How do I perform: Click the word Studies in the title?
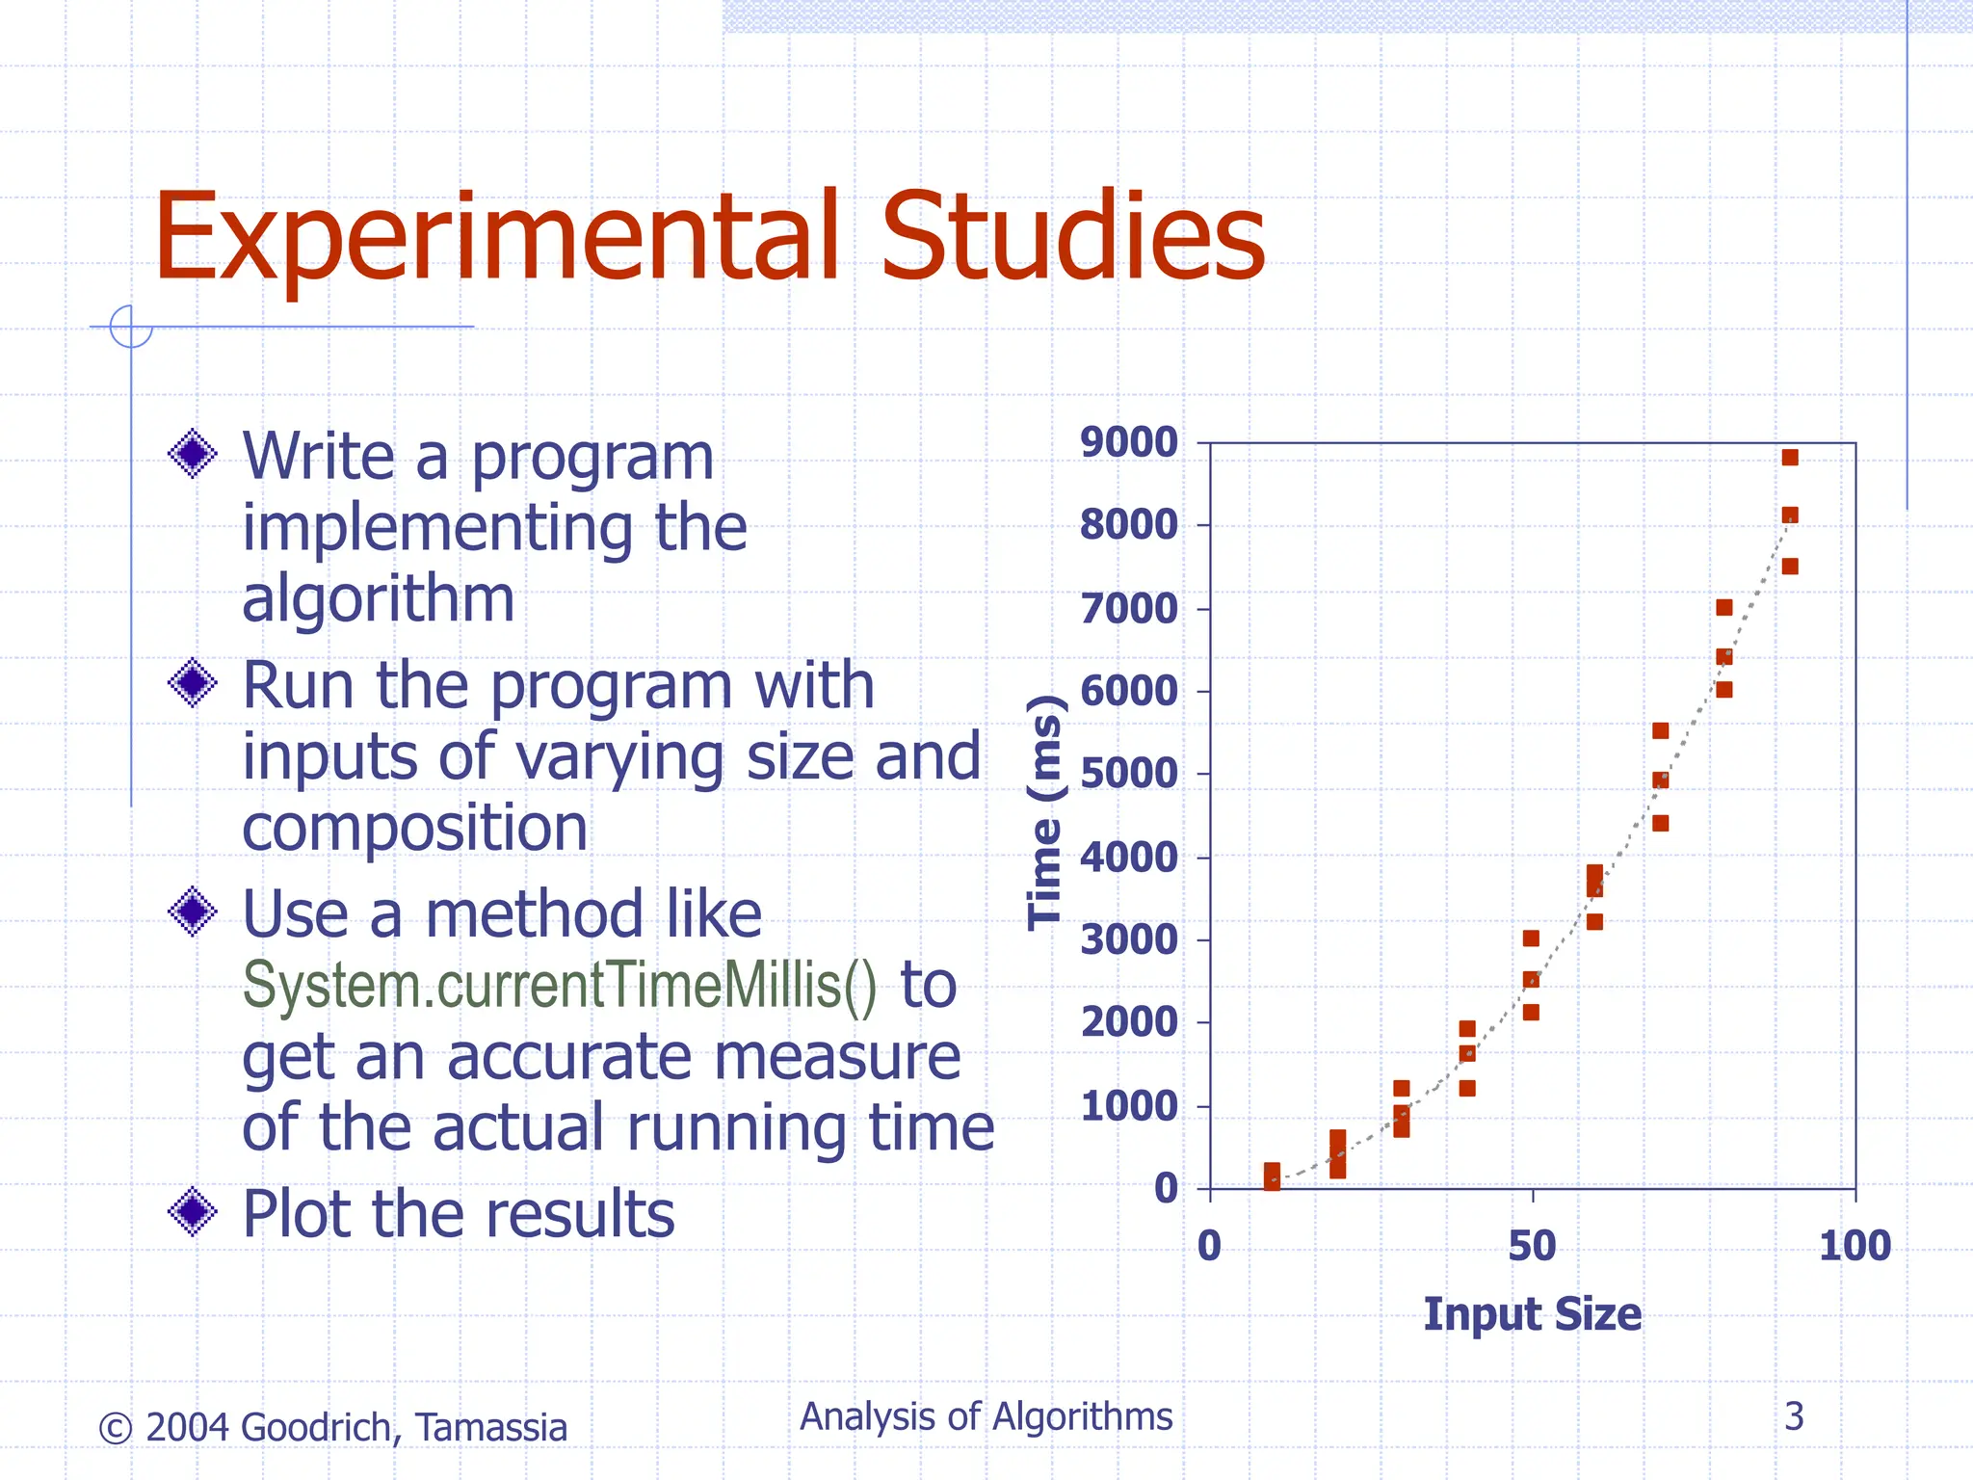click(x=1072, y=239)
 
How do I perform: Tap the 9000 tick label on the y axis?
click(x=1128, y=443)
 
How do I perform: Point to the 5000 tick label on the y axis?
click(x=1128, y=774)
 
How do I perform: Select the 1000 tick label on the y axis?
click(x=1128, y=1106)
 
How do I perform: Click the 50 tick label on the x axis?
click(x=1532, y=1246)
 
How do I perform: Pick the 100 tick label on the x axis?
click(x=1855, y=1246)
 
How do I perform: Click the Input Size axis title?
click(x=1532, y=1314)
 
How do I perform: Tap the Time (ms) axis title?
click(x=1045, y=811)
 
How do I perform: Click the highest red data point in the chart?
click(x=1790, y=458)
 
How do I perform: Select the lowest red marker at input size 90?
click(x=1790, y=567)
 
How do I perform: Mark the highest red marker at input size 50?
click(x=1531, y=938)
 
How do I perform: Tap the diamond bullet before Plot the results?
click(x=193, y=1211)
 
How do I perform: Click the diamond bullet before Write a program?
click(x=193, y=453)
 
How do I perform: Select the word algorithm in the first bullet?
click(x=378, y=598)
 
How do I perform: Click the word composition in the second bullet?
click(x=414, y=828)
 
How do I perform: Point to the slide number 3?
click(x=1794, y=1416)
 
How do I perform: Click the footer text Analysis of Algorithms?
click(x=986, y=1416)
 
